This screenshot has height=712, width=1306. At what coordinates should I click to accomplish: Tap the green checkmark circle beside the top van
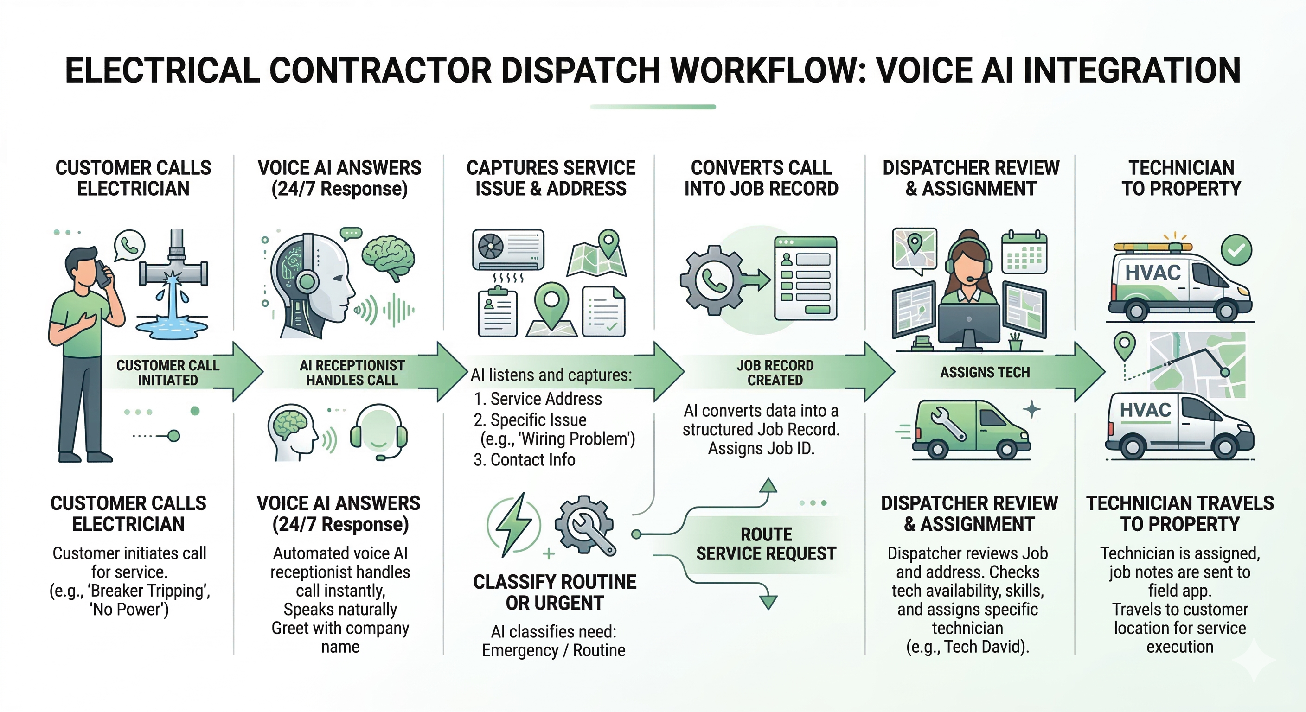(1236, 249)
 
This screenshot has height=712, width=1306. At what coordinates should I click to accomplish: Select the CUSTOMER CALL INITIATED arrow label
(168, 373)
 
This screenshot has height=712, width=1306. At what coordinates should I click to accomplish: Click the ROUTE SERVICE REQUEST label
(766, 544)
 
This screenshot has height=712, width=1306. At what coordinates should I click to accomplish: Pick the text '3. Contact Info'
(524, 460)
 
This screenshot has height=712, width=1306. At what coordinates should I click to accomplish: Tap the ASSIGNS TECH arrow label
(985, 373)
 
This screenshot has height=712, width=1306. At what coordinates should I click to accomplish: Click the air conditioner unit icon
(508, 250)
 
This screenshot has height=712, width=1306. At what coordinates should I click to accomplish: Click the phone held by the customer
(103, 275)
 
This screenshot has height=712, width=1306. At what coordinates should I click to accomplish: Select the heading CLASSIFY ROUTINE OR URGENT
(555, 592)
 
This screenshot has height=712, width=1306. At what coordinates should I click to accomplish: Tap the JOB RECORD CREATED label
(775, 373)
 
